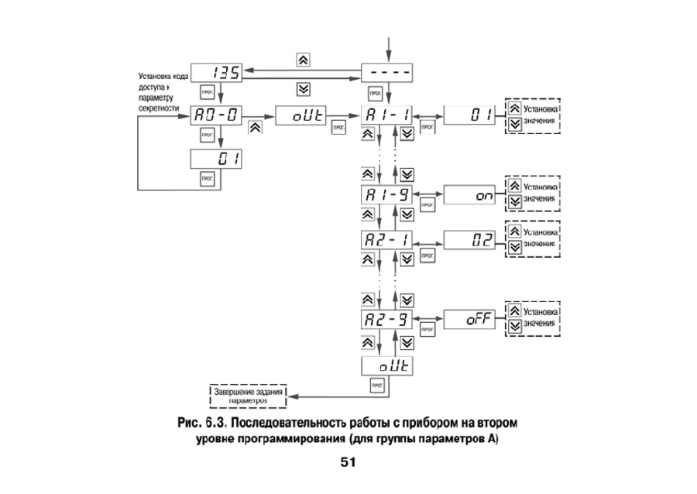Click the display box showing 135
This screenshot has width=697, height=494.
click(215, 73)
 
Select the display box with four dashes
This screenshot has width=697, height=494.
click(387, 73)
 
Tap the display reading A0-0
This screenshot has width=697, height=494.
click(215, 116)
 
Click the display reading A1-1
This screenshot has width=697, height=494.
click(387, 116)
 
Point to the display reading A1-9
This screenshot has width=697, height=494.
click(387, 195)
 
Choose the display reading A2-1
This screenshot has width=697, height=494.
click(387, 239)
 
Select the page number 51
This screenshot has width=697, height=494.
click(347, 463)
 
